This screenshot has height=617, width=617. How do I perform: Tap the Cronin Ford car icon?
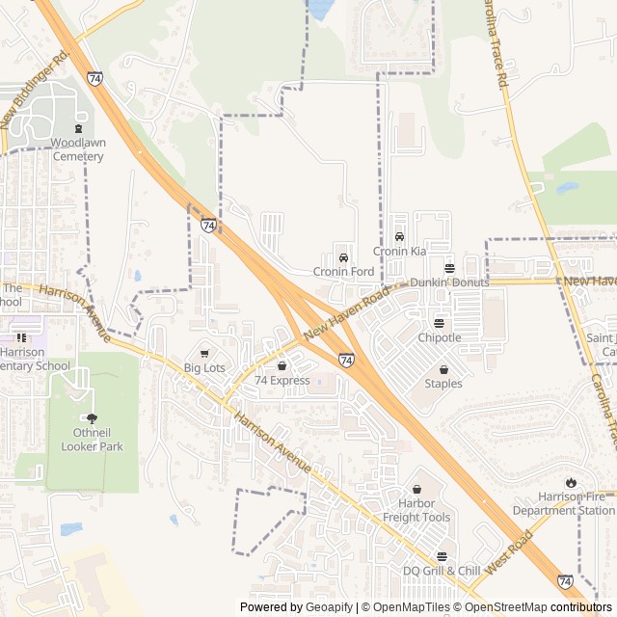pos(343,257)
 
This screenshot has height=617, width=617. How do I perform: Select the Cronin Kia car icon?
pos(399,237)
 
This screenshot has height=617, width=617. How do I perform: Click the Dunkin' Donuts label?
pos(449,282)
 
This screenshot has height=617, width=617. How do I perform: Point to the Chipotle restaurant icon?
pos(440,323)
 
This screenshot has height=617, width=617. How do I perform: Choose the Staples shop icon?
pos(443,369)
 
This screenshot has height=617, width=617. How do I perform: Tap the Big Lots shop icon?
pos(204,354)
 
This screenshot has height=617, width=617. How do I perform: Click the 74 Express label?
pos(282,381)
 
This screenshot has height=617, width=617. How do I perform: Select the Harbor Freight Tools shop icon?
pos(416,490)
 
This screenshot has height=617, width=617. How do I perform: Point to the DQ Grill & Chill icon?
pos(442,556)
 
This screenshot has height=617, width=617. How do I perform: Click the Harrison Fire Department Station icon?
pos(572,482)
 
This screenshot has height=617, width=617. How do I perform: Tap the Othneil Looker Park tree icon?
pos(92,418)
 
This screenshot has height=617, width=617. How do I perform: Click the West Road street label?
pos(509,554)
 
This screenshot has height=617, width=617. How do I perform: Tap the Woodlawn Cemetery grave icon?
pos(78,129)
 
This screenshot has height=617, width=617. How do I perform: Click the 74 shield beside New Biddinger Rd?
pos(94,78)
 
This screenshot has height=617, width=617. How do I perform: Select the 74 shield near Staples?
pos(346,360)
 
